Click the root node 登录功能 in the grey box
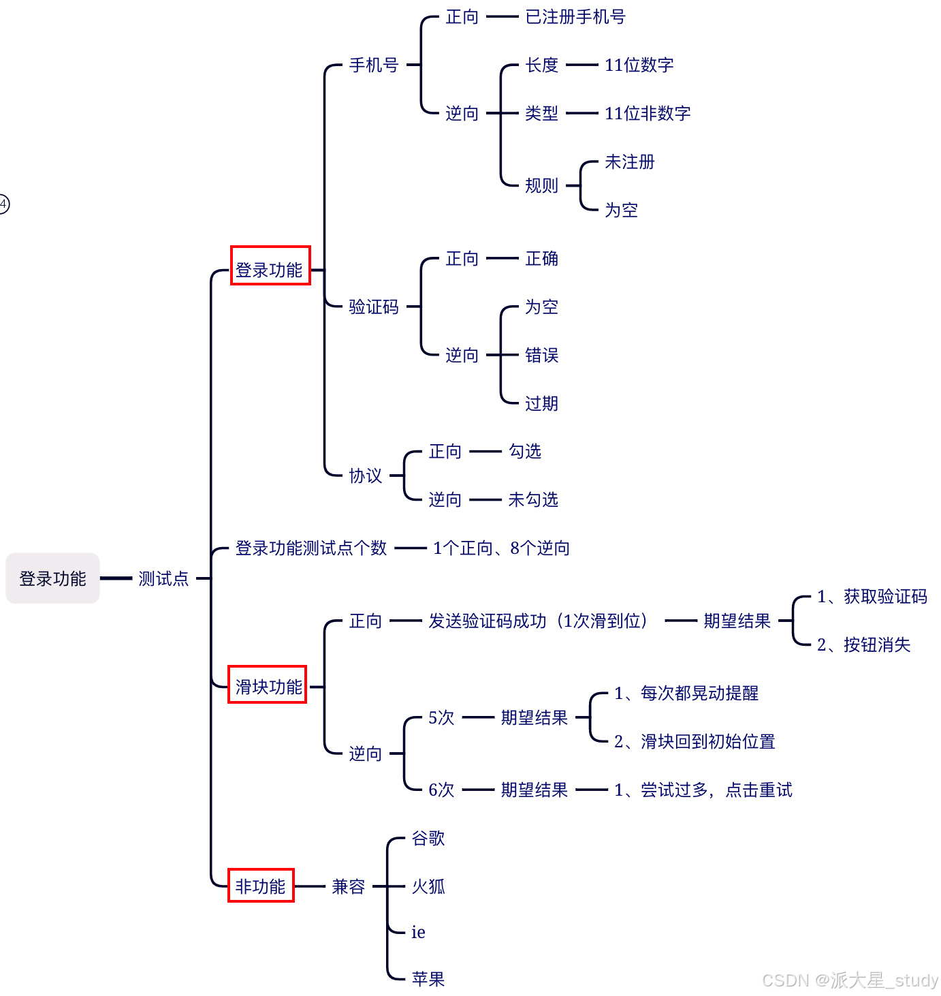pos(52,578)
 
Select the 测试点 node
pos(163,578)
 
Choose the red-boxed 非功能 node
pos(261,886)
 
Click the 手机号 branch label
pos(374,65)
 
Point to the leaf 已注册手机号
pos(575,16)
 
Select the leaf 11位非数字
pos(648,113)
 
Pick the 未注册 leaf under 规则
pos(630,161)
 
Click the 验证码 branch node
pos(374,307)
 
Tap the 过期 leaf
pos(542,403)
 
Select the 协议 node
pos(366,475)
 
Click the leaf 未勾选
pos(533,499)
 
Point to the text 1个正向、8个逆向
pos(501,548)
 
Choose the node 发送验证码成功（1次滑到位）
pos(538,621)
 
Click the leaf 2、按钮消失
pos(863,644)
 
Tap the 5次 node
pos(441,717)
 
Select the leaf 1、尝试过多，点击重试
pos(703,790)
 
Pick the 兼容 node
pos(349,886)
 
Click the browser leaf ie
pos(418,932)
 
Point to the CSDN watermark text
pos(850,980)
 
